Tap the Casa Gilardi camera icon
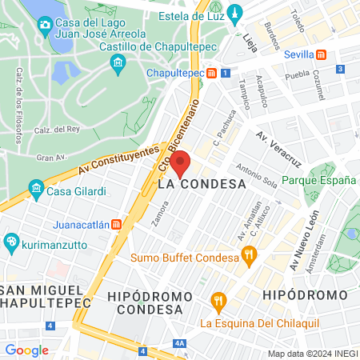click(36, 189)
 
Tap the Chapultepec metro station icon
click(210, 73)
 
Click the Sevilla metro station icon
click(321, 54)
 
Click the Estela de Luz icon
click(234, 13)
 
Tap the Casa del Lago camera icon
click(45, 24)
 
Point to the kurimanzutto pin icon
click(11, 241)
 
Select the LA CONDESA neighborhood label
click(202, 183)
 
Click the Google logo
click(26, 350)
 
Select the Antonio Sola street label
click(258, 177)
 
